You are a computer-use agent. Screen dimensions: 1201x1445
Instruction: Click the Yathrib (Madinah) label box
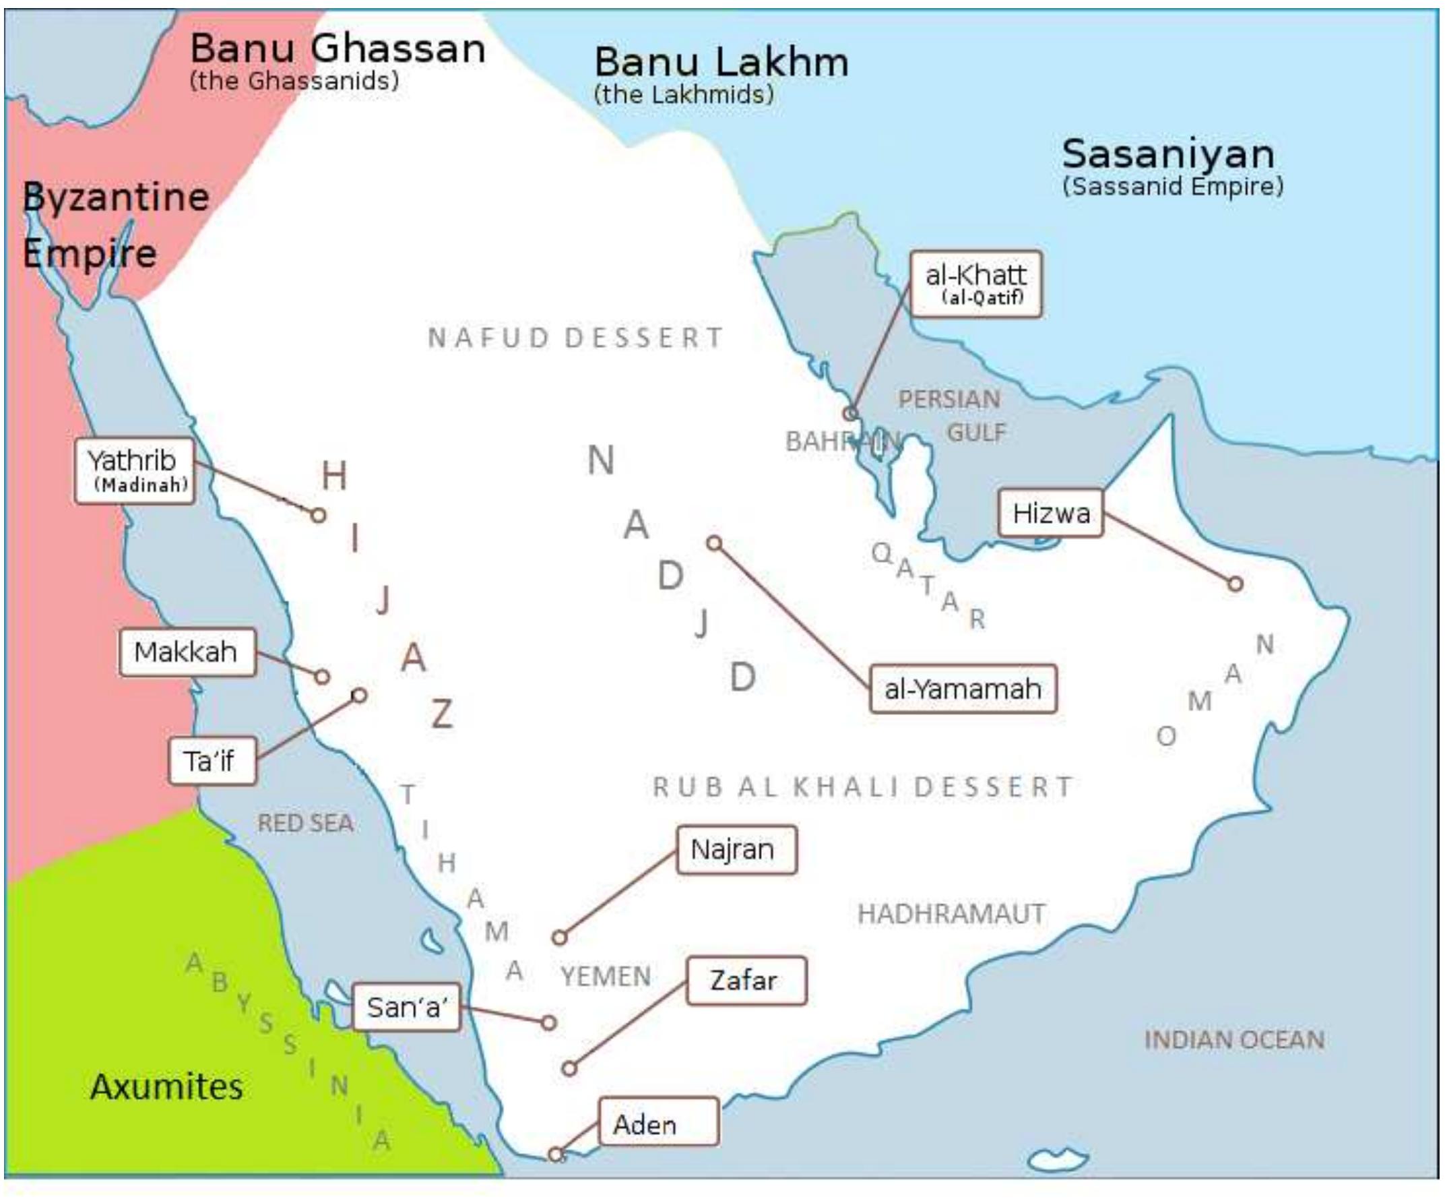135,471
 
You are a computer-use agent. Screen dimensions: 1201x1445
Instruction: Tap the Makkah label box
187,652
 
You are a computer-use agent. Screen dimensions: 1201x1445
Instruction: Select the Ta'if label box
213,760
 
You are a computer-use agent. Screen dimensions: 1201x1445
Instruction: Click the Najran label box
736,849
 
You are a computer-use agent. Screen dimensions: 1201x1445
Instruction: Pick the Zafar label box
746,980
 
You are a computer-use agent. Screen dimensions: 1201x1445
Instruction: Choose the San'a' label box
406,1007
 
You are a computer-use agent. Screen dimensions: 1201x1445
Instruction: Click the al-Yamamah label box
963,688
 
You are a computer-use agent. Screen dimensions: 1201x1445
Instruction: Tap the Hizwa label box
1050,514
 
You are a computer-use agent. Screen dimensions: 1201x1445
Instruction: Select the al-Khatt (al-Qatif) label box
975,284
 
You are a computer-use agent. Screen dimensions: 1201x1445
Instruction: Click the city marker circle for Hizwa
1235,584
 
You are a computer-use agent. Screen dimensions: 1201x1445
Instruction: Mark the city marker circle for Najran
559,937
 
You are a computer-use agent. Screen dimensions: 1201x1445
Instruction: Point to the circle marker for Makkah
322,677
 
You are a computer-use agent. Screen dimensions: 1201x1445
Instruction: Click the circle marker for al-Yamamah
714,544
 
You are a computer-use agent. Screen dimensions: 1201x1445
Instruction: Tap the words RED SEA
306,823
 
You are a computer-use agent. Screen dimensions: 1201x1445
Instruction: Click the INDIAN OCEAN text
1233,1040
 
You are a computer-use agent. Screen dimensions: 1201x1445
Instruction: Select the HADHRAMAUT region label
952,914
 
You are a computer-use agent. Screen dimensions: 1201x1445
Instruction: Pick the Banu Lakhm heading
721,62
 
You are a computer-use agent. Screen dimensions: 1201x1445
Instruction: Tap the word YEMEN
606,976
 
